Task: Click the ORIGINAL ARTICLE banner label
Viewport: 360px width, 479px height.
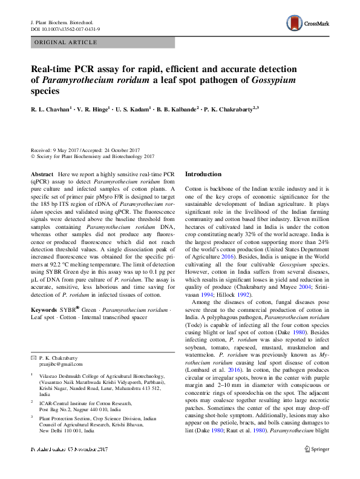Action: (x=66, y=42)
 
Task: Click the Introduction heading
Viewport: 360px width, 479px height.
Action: (x=203, y=174)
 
